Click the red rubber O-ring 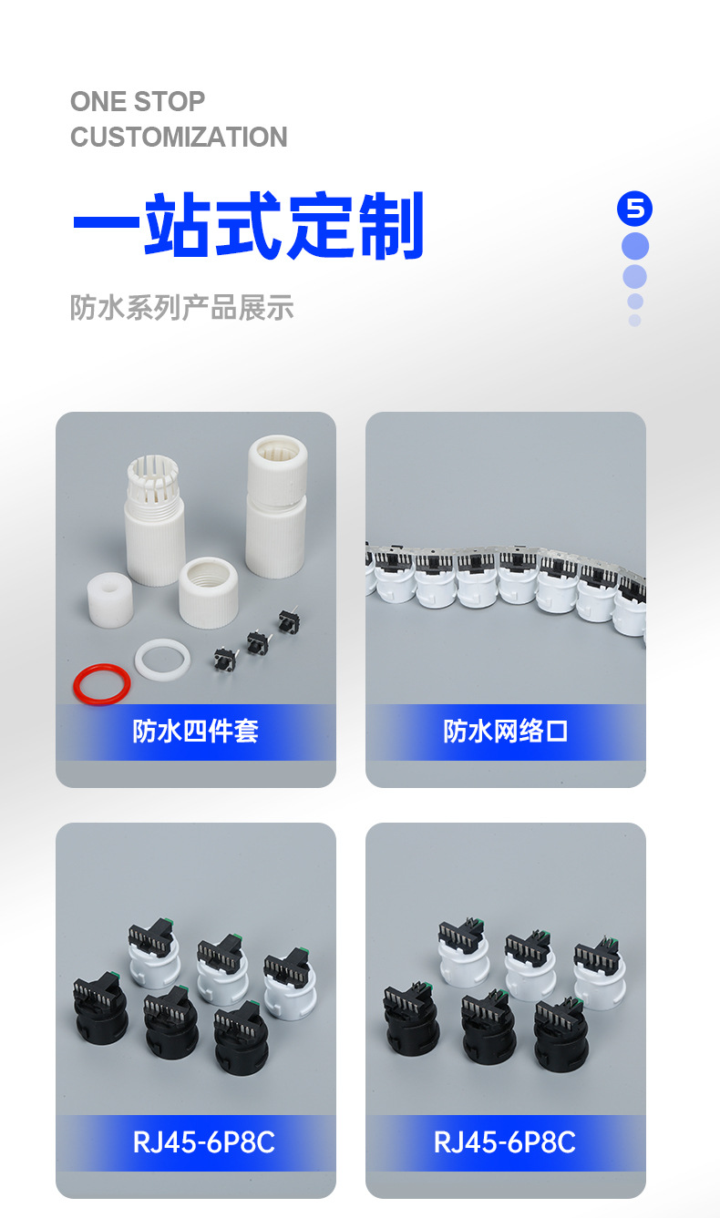click(x=101, y=683)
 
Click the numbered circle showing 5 click(x=634, y=210)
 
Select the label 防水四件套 click(x=196, y=732)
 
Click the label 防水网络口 click(x=506, y=732)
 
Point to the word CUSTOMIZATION click(x=179, y=138)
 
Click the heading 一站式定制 click(x=248, y=226)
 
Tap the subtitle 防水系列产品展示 click(x=181, y=308)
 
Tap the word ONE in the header click(x=98, y=101)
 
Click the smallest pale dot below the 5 click(x=634, y=321)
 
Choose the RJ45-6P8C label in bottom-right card click(x=505, y=1142)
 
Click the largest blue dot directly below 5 click(x=634, y=246)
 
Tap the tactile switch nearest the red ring click(x=222, y=657)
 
